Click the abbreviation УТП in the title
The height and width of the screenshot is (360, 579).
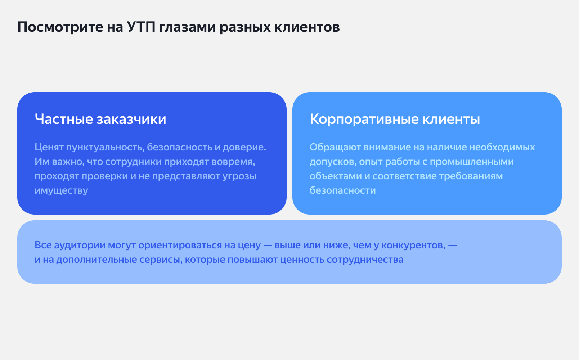(142, 27)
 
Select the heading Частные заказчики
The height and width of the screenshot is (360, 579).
(100, 119)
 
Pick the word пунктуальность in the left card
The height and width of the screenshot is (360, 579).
(105, 147)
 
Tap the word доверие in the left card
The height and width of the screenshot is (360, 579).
(244, 147)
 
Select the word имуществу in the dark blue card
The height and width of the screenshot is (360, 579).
(61, 190)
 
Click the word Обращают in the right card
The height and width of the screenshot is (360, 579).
(335, 147)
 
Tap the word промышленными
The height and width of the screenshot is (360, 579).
(472, 162)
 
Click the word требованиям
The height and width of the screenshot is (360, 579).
(471, 176)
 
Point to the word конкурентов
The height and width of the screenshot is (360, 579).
(413, 245)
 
